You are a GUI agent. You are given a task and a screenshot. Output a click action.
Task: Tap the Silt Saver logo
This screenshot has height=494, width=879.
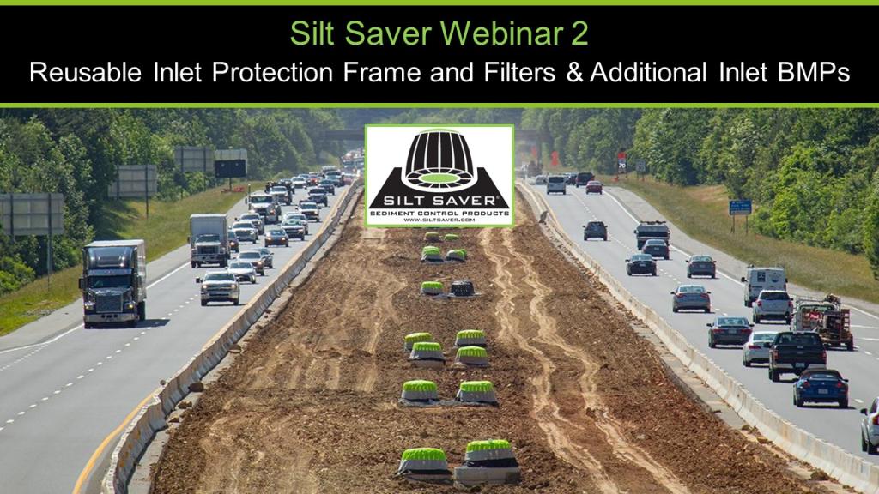[439, 175]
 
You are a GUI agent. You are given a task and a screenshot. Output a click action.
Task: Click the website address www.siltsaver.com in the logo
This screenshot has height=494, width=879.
[439, 220]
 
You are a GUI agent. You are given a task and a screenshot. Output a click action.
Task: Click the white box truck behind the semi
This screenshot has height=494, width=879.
[209, 239]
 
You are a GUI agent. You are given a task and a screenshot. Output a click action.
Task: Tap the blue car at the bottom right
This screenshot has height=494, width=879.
[820, 387]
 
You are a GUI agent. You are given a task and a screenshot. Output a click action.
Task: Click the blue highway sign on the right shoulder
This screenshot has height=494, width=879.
[740, 207]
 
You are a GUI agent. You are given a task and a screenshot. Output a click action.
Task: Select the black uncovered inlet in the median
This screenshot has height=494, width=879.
[463, 289]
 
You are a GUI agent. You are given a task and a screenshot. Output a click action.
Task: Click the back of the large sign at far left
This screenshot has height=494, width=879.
[32, 214]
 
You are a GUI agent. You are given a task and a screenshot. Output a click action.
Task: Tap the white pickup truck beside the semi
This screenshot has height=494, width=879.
[220, 287]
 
